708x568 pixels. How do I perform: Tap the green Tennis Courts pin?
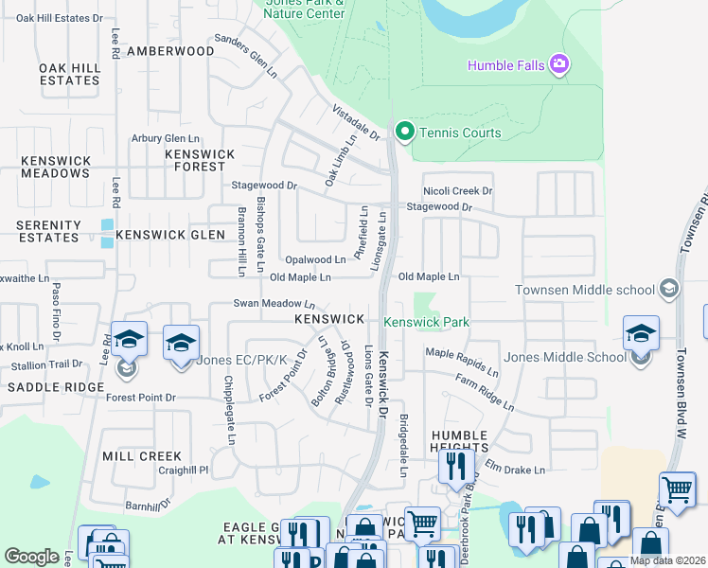[405, 132]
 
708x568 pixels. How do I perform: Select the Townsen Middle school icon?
[670, 289]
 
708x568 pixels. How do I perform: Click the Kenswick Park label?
[426, 322]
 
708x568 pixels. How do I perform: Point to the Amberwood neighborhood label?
[170, 50]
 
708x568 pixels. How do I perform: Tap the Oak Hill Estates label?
[69, 74]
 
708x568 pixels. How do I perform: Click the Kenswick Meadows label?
[55, 167]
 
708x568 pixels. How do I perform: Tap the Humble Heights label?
[459, 442]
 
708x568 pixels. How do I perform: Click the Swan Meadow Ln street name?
[274, 304]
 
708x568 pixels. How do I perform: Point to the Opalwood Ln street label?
[315, 259]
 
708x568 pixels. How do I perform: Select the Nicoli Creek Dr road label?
[458, 190]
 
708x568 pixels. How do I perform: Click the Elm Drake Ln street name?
[516, 470]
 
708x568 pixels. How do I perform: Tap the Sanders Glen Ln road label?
[246, 57]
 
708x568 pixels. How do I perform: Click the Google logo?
[31, 557]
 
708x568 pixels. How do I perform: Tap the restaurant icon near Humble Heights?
[456, 467]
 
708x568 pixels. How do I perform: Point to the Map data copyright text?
[666, 560]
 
